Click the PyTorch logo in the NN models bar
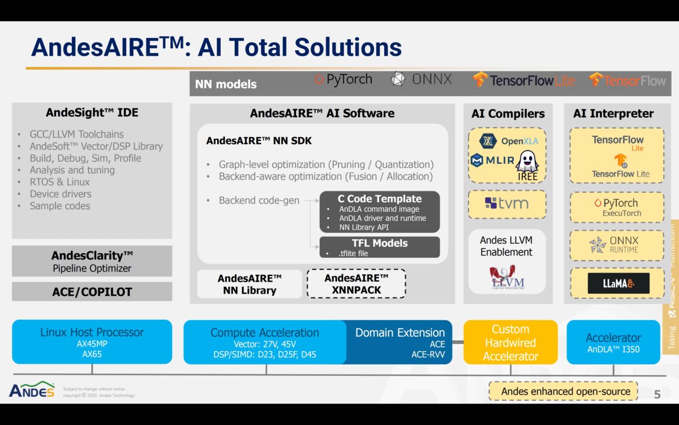[343, 80]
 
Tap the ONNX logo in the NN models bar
[422, 80]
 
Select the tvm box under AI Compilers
[506, 203]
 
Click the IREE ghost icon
[527, 162]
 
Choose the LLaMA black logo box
[618, 283]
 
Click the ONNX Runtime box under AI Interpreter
[616, 244]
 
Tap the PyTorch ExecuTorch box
[616, 207]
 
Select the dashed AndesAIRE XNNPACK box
[356, 283]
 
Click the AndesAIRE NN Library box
[249, 284]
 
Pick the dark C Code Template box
[379, 212]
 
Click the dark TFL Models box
[379, 247]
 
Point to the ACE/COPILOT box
[92, 292]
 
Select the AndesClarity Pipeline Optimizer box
[92, 261]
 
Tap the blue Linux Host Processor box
[92, 341]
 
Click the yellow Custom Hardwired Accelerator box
[510, 342]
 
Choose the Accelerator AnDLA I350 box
[613, 342]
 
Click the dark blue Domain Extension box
[400, 342]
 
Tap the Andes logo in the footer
[32, 390]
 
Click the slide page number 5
[657, 394]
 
